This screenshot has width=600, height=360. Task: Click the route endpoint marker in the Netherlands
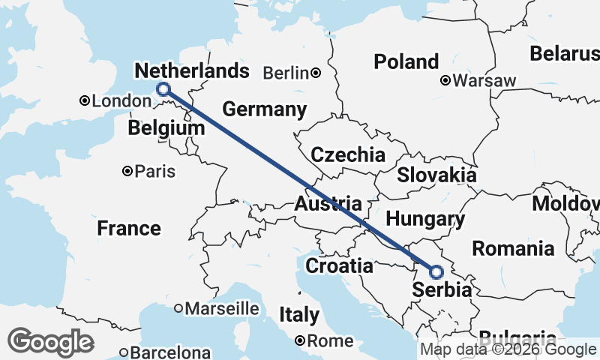point(163,90)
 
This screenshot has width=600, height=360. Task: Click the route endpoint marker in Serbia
point(436,271)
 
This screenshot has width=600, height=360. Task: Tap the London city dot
point(85,100)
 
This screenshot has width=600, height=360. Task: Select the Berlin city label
point(286,73)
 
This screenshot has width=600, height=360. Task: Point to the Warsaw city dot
point(445,79)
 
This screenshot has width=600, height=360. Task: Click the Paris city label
point(155,171)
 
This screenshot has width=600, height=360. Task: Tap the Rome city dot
point(299,340)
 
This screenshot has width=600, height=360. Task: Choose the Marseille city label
point(221,308)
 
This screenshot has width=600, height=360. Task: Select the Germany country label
point(265,109)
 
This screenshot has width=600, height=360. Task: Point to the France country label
point(128,228)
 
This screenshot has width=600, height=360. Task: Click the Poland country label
point(406,61)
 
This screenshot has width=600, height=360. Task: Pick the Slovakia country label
point(436,175)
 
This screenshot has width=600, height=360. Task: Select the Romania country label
point(513,248)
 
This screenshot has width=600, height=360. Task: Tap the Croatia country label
point(339,265)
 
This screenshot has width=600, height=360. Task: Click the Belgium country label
point(166,128)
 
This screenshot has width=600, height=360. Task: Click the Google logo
point(50,342)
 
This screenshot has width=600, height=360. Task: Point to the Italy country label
point(298,315)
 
